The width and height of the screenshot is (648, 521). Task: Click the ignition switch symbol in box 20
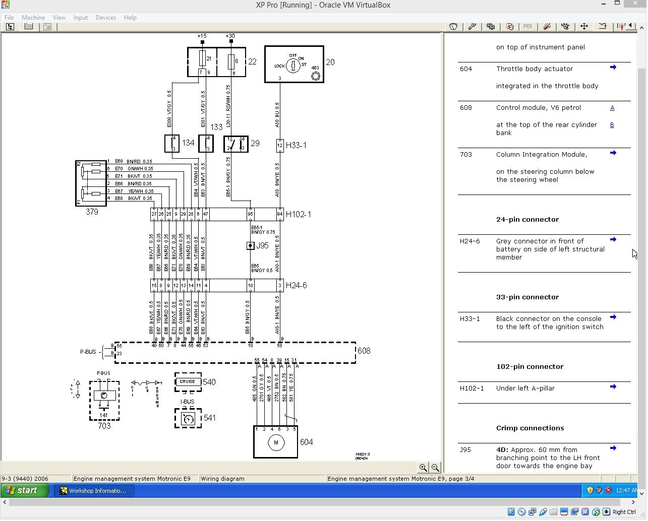[x=293, y=66]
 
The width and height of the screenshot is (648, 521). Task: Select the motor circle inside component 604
[x=276, y=443]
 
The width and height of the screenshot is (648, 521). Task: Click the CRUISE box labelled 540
[x=188, y=382]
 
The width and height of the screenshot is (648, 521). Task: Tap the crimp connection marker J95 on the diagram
[x=250, y=246]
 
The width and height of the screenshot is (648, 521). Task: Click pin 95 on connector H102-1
[x=250, y=214]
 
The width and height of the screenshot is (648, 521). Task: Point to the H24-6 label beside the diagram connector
[x=296, y=286]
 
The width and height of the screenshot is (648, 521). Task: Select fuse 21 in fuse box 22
[x=202, y=59]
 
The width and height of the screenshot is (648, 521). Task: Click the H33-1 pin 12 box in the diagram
[x=280, y=146]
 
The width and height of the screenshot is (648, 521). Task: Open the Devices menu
[x=105, y=18]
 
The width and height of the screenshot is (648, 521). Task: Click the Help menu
[x=130, y=18]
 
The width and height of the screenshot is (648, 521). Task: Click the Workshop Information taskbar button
[x=94, y=491]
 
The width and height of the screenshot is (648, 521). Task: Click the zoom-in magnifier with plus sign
[x=423, y=468]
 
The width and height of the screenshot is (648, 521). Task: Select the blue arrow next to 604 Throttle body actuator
[x=613, y=68]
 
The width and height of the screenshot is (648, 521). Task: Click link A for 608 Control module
[x=612, y=108]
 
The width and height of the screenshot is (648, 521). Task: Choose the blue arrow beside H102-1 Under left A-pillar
[x=613, y=387]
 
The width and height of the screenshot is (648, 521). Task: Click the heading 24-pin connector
[x=527, y=220]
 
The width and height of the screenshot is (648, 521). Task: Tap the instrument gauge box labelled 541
[x=188, y=418]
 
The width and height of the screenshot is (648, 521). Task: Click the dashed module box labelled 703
[x=104, y=400]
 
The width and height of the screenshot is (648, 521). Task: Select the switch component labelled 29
[x=235, y=144]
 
